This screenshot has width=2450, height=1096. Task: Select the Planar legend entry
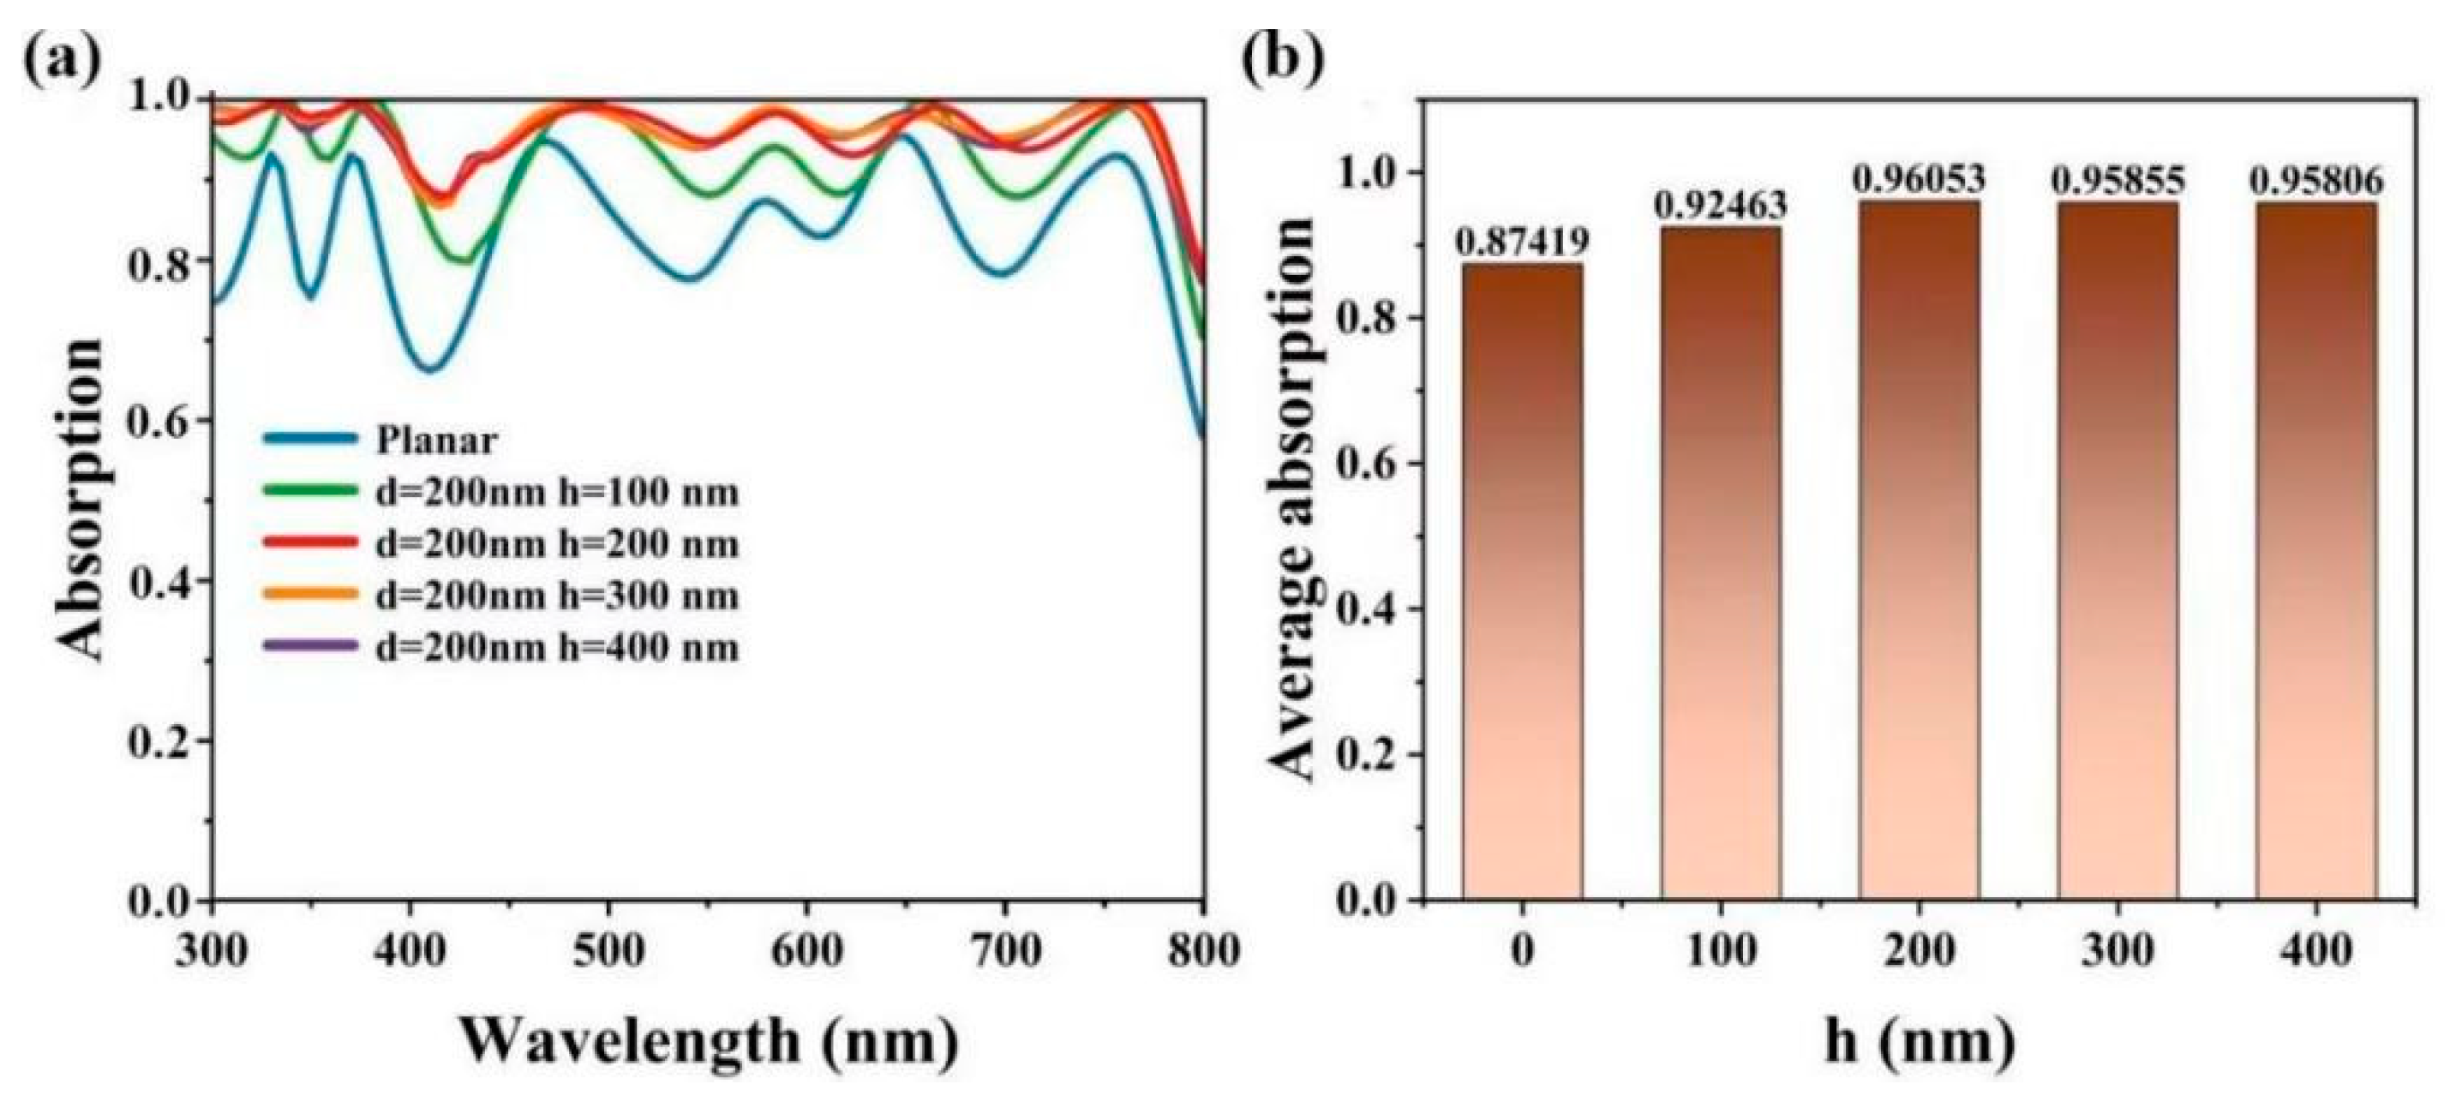click(x=435, y=440)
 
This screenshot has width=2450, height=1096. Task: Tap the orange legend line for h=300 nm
click(x=310, y=595)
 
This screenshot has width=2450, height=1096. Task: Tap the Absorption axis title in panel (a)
click(x=80, y=499)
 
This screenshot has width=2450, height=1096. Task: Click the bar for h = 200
click(x=1920, y=553)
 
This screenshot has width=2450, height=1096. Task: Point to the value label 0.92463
click(x=1721, y=204)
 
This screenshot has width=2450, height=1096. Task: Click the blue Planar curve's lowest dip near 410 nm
click(x=430, y=369)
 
